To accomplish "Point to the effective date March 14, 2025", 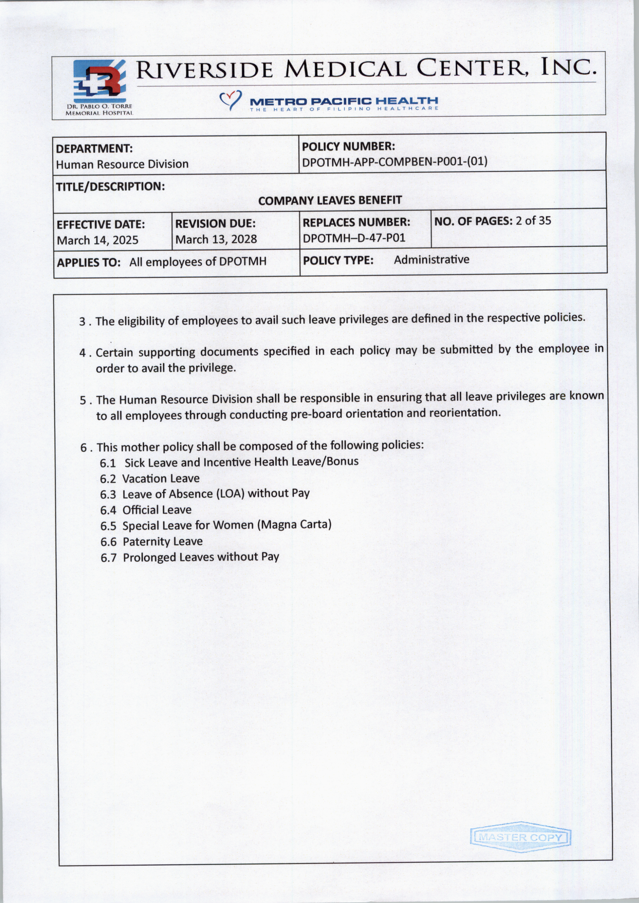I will pyautogui.click(x=98, y=240).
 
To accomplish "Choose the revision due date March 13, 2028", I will pyautogui.click(x=216, y=239).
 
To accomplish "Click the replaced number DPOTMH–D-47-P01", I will pyautogui.click(x=354, y=238).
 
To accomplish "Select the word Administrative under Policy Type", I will pyautogui.click(x=431, y=260).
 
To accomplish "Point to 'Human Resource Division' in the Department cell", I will pyautogui.click(x=122, y=164).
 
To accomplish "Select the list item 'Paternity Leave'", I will pyautogui.click(x=163, y=541).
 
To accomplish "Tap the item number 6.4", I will pyautogui.click(x=108, y=510).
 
